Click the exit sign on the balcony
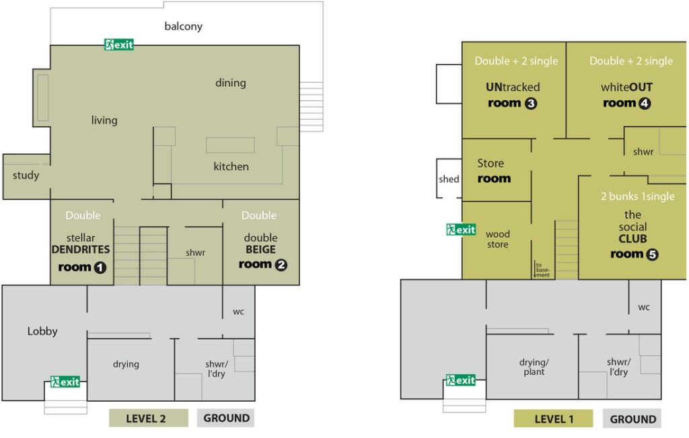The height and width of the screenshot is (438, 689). click(x=118, y=44)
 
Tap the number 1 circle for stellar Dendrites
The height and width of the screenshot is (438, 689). click(x=100, y=268)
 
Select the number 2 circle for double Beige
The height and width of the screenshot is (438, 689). click(x=281, y=265)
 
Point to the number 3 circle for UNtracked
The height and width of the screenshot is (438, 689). click(x=531, y=104)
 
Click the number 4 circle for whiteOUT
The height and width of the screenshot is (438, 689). click(x=645, y=104)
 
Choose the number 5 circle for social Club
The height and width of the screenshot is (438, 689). click(x=652, y=254)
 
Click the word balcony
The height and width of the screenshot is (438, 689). click(x=183, y=26)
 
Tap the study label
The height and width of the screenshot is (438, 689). click(x=26, y=176)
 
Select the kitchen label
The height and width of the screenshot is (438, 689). click(x=231, y=166)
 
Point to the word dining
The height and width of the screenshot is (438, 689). click(x=231, y=83)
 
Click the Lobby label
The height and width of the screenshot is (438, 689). click(x=42, y=331)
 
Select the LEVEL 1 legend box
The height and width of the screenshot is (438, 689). click(x=553, y=419)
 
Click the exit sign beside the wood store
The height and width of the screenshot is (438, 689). click(x=461, y=229)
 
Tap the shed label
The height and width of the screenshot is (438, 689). click(x=449, y=179)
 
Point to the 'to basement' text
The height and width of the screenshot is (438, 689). click(x=543, y=270)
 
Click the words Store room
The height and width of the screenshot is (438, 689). click(x=494, y=171)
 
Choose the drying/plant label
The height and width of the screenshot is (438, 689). click(x=534, y=367)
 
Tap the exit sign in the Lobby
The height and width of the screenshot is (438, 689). click(x=65, y=381)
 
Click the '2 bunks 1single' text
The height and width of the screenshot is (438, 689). click(x=638, y=196)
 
